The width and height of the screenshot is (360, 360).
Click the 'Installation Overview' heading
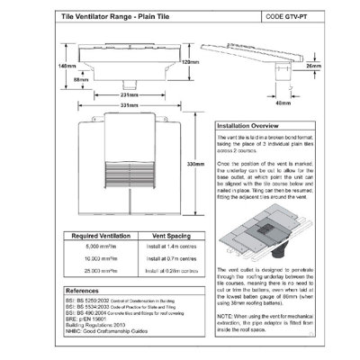click(x=256, y=127)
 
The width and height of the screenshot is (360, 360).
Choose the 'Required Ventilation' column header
click(x=98, y=235)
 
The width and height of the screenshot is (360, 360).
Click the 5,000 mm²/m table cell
click(x=98, y=246)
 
